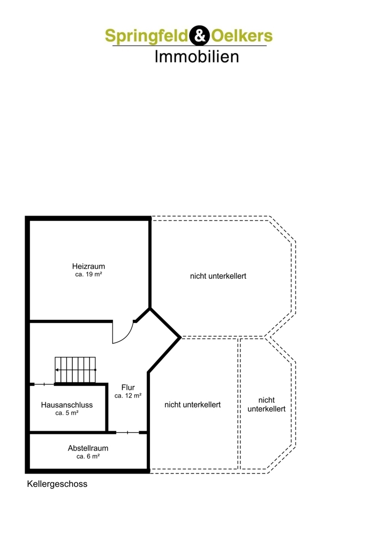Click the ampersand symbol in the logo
click(x=199, y=35)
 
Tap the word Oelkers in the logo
click(x=242, y=36)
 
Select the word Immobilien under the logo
click(x=196, y=56)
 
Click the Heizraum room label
click(x=88, y=266)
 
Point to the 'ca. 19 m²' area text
click(x=88, y=274)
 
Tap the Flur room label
click(x=128, y=387)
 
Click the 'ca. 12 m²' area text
click(x=128, y=396)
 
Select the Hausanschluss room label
click(x=67, y=405)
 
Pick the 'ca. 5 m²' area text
click(x=67, y=413)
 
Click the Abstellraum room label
click(x=88, y=448)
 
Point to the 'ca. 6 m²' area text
click(x=88, y=456)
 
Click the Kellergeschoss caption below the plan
click(x=57, y=484)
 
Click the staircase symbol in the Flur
click(x=75, y=370)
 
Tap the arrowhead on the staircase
click(x=57, y=370)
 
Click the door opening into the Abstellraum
click(x=128, y=433)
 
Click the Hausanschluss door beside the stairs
click(x=44, y=385)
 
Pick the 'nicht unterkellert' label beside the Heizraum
click(x=218, y=276)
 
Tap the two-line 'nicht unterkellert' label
click(x=266, y=404)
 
